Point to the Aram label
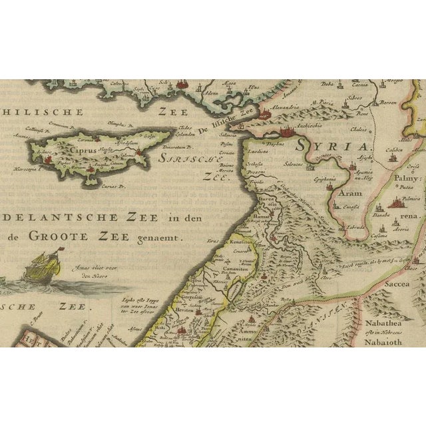click(351, 193)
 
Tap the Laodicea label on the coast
click(257, 151)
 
